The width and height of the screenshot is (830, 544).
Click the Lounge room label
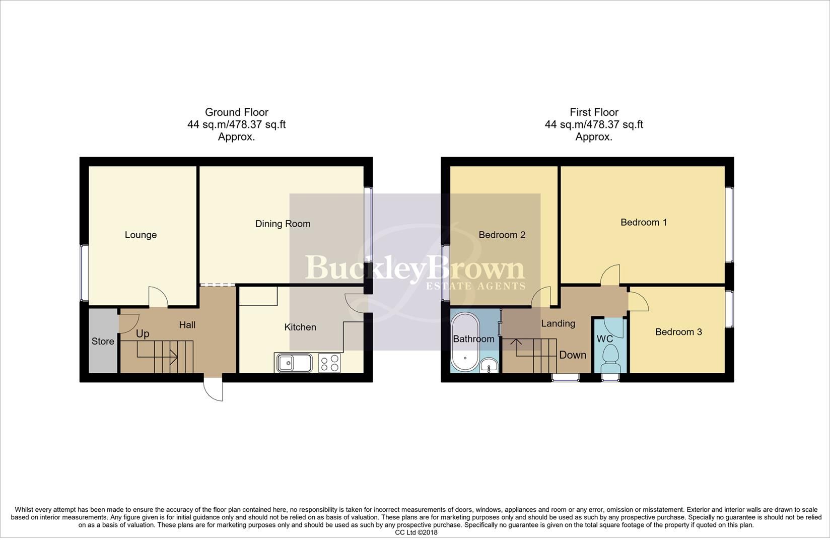pyautogui.click(x=141, y=235)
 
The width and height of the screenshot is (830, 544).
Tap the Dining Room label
pyautogui.click(x=283, y=224)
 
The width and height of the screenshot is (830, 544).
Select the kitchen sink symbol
pyautogui.click(x=294, y=363)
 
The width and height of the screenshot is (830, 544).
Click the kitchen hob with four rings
pyautogui.click(x=329, y=363)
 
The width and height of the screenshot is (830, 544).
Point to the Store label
pyautogui.click(x=103, y=341)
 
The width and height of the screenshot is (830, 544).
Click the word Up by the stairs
pyautogui.click(x=143, y=334)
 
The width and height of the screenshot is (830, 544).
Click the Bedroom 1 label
pyautogui.click(x=644, y=222)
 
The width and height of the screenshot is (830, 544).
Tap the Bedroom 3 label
pyautogui.click(x=678, y=332)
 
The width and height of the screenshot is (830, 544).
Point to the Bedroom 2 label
pyautogui.click(x=502, y=235)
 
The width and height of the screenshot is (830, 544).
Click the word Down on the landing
pyautogui.click(x=573, y=355)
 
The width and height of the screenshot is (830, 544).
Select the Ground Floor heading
pyautogui.click(x=236, y=112)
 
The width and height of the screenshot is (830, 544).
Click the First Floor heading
pyautogui.click(x=594, y=112)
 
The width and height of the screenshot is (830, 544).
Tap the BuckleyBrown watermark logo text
pyautogui.click(x=415, y=268)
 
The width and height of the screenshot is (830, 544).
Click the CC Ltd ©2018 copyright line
pyautogui.click(x=416, y=532)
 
